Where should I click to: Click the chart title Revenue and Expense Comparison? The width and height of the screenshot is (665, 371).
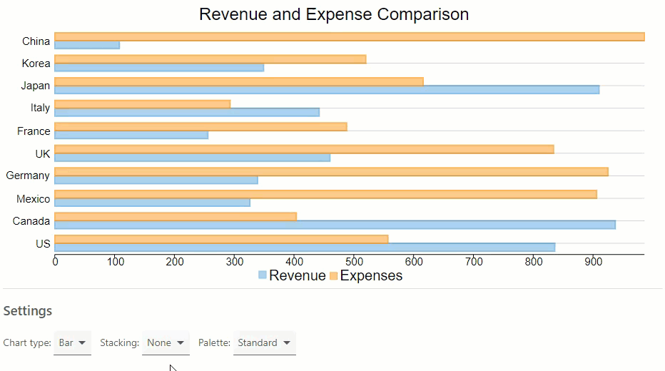(x=333, y=14)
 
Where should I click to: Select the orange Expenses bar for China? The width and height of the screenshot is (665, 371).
(x=349, y=37)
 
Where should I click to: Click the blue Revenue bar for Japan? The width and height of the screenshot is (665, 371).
(x=326, y=90)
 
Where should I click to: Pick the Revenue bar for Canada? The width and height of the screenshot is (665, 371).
(x=335, y=225)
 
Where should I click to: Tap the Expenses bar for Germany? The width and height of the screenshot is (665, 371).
(x=331, y=171)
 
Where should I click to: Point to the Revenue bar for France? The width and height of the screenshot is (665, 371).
(x=131, y=135)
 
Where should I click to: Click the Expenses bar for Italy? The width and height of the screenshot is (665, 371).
(x=142, y=104)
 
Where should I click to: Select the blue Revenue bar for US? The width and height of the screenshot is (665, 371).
(x=304, y=248)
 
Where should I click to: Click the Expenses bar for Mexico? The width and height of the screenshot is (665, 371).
(x=325, y=194)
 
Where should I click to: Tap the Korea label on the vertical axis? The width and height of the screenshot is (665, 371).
(x=36, y=63)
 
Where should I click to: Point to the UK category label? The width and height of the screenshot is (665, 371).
(x=42, y=153)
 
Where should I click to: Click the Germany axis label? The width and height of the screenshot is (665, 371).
(x=28, y=176)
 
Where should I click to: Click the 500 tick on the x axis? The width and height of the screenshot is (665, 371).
(x=354, y=262)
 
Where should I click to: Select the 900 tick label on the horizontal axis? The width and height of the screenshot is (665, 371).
(x=593, y=262)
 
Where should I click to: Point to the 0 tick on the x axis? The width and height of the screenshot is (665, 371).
(x=55, y=262)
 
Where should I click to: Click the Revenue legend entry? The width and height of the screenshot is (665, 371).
(x=291, y=275)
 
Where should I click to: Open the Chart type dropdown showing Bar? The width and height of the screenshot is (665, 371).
(x=72, y=342)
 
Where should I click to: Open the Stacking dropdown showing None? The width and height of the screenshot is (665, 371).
(x=166, y=342)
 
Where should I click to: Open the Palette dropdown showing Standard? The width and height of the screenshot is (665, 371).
(x=264, y=342)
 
